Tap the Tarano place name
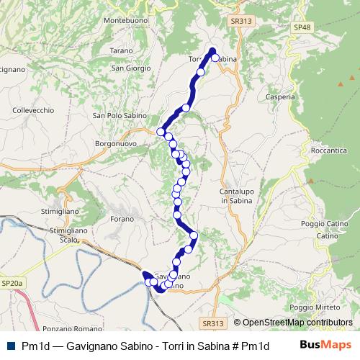click(x=122, y=50)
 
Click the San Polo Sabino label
click(x=120, y=115)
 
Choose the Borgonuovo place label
click(x=115, y=143)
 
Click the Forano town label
click(x=122, y=218)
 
